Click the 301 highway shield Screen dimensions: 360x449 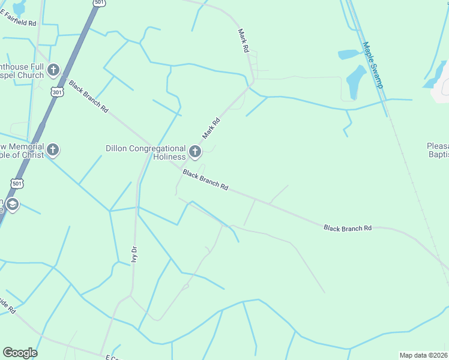(x=57, y=92)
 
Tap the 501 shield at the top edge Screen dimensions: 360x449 (x=99, y=3)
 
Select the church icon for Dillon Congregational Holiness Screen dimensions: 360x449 (x=195, y=152)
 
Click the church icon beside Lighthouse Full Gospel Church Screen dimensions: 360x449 (x=53, y=71)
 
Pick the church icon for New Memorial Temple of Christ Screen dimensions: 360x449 (x=53, y=149)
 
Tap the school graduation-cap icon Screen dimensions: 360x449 (x=12, y=205)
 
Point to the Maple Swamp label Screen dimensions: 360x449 (x=372, y=64)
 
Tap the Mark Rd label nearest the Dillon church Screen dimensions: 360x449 (x=211, y=128)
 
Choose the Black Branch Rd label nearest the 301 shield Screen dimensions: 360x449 (x=88, y=97)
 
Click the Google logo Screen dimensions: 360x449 (x=20, y=353)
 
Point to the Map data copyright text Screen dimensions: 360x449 (x=424, y=355)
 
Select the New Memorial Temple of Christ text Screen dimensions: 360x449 (x=22, y=151)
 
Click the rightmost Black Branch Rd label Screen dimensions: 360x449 (x=348, y=228)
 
